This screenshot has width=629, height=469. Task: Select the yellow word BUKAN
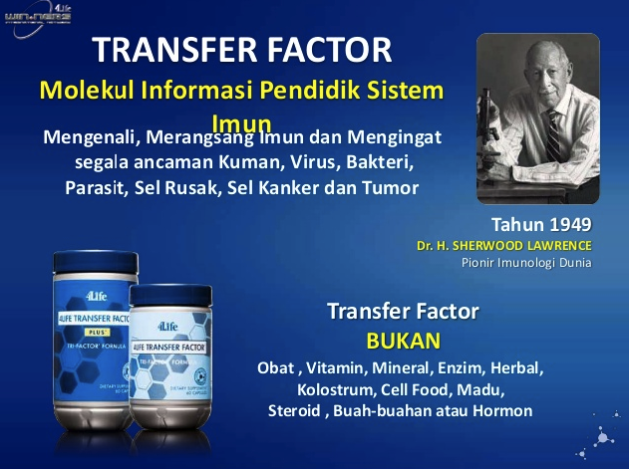pyautogui.click(x=403, y=340)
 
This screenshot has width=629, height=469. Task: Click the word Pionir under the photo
pyautogui.click(x=480, y=263)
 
